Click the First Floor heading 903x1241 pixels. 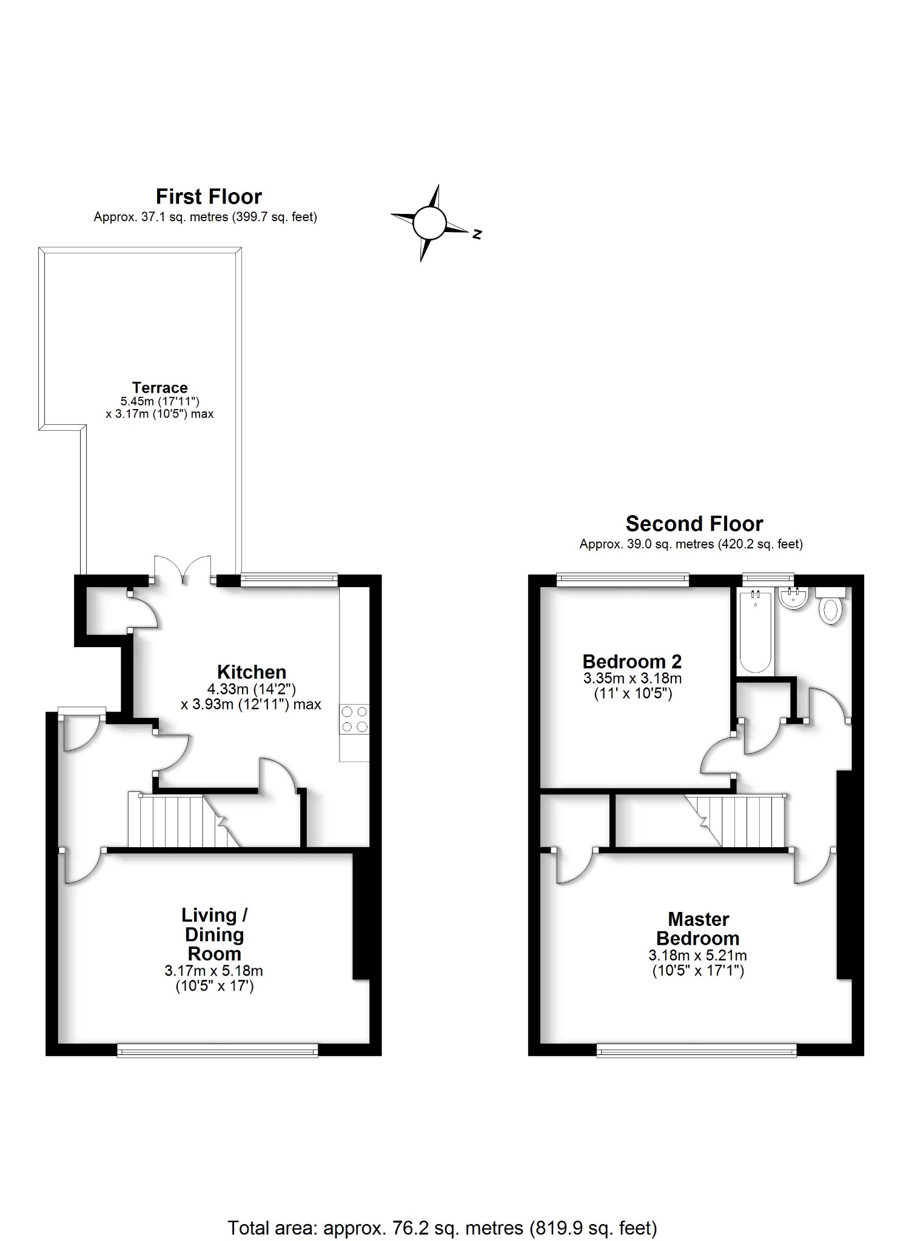click(209, 196)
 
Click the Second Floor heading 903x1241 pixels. click(694, 523)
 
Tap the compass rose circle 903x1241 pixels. click(429, 223)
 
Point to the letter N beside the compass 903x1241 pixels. click(477, 234)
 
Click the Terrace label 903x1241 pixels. click(160, 387)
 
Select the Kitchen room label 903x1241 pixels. click(252, 671)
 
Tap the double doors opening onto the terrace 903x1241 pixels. click(183, 571)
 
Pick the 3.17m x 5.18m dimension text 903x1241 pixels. click(213, 970)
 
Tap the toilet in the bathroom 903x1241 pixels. click(831, 608)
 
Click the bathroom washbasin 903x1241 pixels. click(793, 599)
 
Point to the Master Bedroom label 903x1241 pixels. click(698, 929)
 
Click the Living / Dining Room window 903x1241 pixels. click(217, 1050)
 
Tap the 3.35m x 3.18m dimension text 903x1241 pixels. click(633, 678)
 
